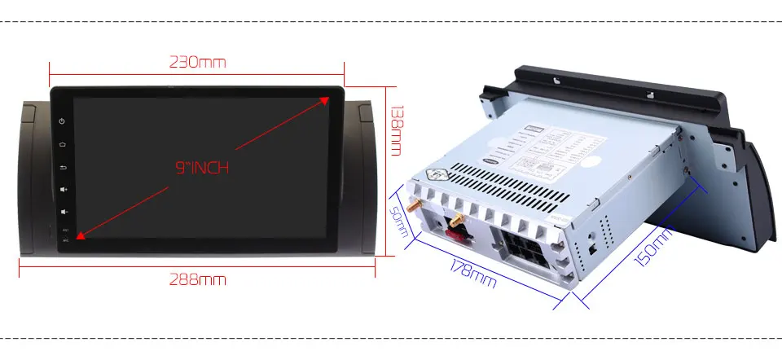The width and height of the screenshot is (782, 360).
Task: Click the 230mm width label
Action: click(197, 62)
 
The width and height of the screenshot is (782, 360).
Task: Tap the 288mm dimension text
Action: click(197, 280)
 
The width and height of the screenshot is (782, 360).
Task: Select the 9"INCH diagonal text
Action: click(202, 169)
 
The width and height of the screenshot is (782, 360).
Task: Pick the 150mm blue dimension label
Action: click(654, 247)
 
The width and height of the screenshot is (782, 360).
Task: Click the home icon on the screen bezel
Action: click(63, 145)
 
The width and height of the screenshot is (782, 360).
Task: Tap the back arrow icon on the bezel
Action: click(63, 168)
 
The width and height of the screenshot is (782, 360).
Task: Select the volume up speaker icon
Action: click(63, 190)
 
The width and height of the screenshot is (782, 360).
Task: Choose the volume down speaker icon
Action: click(63, 212)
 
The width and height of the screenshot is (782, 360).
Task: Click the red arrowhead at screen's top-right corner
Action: click(324, 100)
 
